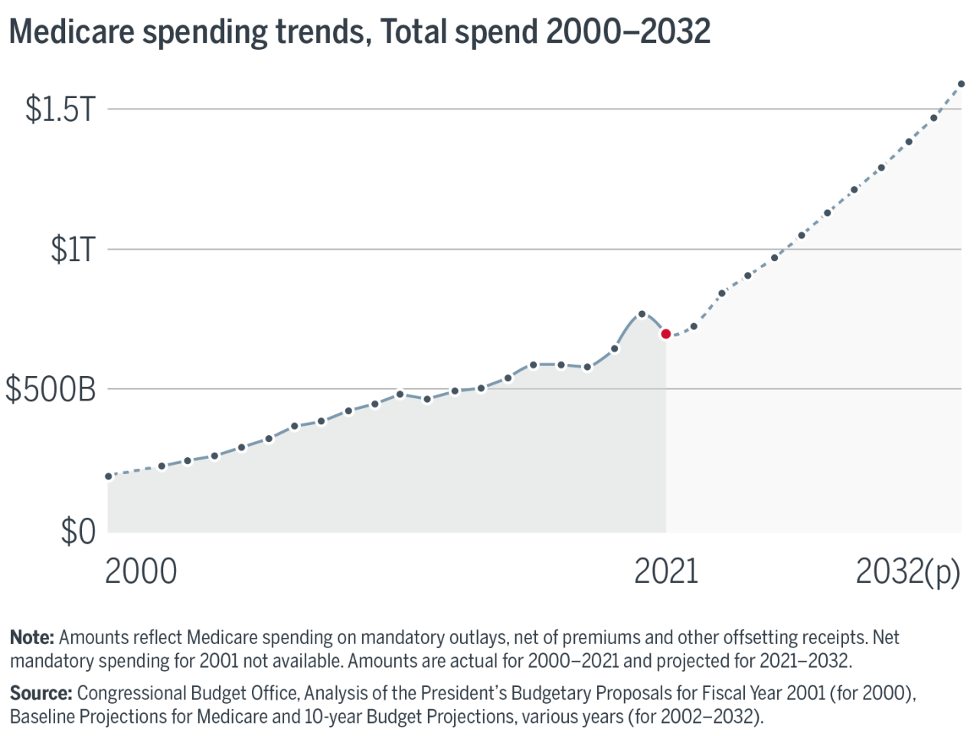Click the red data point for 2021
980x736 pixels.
coord(666,334)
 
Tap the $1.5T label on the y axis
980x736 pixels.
coord(60,110)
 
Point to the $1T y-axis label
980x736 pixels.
coord(73,250)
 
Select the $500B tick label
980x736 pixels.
coord(51,390)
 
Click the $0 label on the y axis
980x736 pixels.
coord(78,532)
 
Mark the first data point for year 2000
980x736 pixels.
coord(108,476)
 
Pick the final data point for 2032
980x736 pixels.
coord(962,84)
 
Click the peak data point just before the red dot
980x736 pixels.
coord(642,314)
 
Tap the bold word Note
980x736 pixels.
coord(31,637)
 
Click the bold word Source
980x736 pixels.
coord(41,693)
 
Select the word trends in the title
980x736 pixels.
coord(318,32)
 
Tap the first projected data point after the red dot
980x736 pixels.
coord(694,326)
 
